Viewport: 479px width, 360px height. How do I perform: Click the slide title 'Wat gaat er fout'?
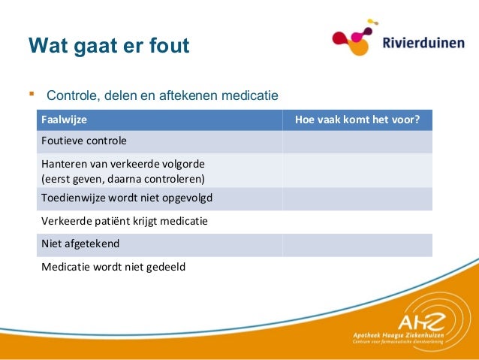tap(108, 47)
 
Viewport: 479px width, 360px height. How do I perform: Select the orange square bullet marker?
tap(32, 95)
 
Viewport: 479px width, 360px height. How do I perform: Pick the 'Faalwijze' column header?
tap(63, 119)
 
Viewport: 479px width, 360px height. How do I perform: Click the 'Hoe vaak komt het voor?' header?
tap(357, 119)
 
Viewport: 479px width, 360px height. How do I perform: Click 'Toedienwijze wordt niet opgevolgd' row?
tap(127, 199)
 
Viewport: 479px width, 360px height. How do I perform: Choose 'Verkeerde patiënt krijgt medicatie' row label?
tap(125, 222)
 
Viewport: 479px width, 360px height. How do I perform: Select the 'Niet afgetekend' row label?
tap(80, 244)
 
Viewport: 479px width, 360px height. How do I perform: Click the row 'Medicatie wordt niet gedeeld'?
tap(113, 266)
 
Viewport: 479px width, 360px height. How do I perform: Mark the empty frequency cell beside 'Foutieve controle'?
tap(357, 141)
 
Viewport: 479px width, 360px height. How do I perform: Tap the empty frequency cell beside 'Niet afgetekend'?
tap(357, 244)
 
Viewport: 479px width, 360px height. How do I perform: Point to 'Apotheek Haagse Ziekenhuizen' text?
tap(397, 334)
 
